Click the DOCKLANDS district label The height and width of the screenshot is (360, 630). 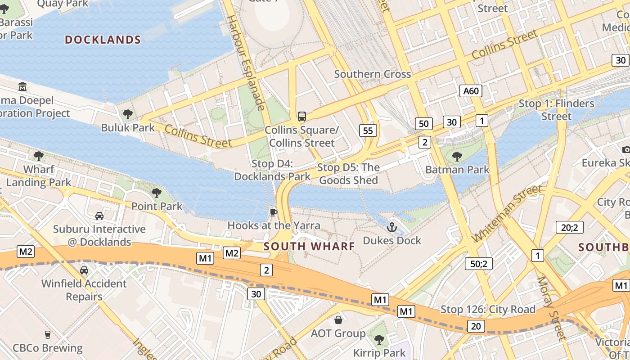(x=103, y=40)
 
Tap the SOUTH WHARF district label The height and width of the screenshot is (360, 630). (x=309, y=246)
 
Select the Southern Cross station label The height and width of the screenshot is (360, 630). (x=372, y=74)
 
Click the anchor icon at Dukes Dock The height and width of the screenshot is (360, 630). (x=391, y=227)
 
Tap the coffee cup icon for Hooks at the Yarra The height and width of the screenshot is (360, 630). (x=273, y=212)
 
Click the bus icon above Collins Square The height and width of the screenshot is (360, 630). (x=302, y=117)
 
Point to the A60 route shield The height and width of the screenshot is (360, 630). (x=471, y=91)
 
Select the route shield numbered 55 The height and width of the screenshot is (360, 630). (x=368, y=130)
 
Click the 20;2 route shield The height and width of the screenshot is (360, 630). (x=569, y=227)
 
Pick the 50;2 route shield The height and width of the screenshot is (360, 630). (x=478, y=264)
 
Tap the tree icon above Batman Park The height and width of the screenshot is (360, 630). (x=457, y=157)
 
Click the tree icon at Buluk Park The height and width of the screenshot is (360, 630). (x=128, y=114)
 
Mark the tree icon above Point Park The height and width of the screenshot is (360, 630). (x=157, y=193)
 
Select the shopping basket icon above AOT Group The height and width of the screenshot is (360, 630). (x=338, y=320)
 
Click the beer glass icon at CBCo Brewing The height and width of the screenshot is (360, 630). (x=47, y=335)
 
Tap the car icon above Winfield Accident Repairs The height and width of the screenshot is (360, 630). (x=84, y=270)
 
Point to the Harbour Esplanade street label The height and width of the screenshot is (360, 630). (x=246, y=63)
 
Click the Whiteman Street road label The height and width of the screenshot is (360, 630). (x=507, y=214)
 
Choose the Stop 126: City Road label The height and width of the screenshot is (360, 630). (x=488, y=309)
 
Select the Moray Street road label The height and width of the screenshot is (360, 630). (x=551, y=308)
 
